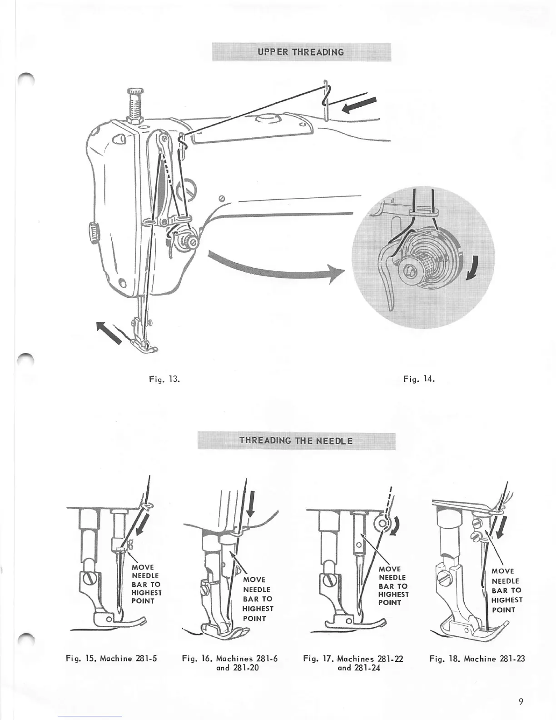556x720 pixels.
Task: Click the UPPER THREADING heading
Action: (301, 51)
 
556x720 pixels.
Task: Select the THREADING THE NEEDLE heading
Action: (296, 440)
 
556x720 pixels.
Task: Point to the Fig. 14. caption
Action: (419, 379)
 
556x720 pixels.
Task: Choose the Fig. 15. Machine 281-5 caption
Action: (112, 659)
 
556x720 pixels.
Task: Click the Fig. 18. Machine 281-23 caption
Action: (477, 659)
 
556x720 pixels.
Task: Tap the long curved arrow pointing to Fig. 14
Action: (273, 268)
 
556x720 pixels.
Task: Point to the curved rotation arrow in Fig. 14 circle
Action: (473, 267)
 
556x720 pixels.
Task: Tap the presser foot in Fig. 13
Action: (144, 346)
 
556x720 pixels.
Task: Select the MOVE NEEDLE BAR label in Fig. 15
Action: (146, 584)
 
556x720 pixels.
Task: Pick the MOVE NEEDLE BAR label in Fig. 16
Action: (258, 599)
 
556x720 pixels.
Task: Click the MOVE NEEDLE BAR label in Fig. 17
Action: (393, 586)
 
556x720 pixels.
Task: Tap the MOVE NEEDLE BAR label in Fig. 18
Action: (506, 590)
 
